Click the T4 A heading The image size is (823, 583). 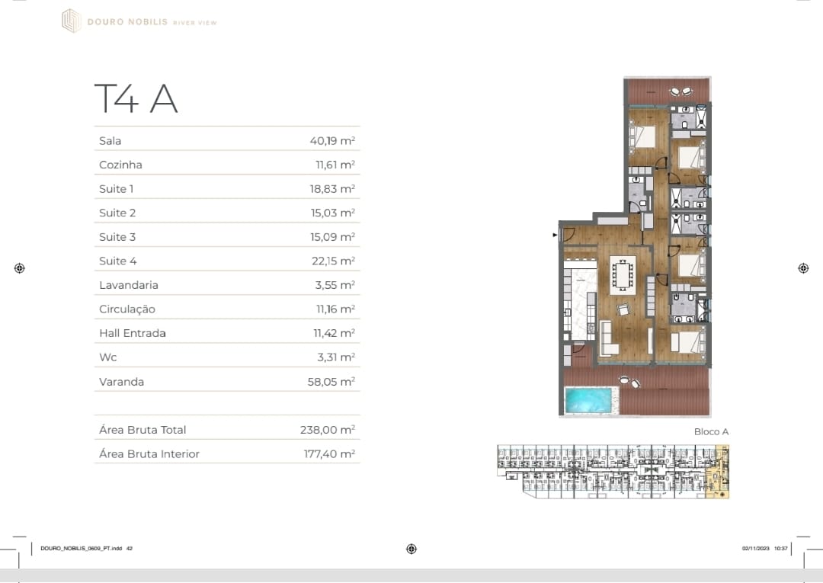pos(136,98)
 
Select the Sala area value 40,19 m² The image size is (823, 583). pos(332,141)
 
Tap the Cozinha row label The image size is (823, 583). pos(120,165)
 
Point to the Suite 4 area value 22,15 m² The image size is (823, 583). pos(333,261)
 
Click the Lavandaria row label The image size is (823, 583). pos(129,285)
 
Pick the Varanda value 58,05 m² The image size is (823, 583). pos(331,382)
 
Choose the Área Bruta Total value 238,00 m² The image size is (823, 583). pos(328,430)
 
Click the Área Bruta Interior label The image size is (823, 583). pos(149,454)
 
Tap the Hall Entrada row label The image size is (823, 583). pos(133,333)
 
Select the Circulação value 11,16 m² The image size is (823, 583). pos(335,309)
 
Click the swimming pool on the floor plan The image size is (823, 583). pos(589,400)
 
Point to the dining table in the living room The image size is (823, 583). pos(623,275)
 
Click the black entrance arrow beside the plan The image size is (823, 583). pos(556,235)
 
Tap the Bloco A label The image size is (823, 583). pos(711,432)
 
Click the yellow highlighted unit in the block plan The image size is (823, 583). pos(718,472)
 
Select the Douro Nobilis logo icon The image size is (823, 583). pos(72,21)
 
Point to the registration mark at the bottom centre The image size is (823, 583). pos(411,549)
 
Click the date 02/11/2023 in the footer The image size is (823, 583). pos(756,549)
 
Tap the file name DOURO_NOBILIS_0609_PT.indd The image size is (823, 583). pos(82,549)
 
